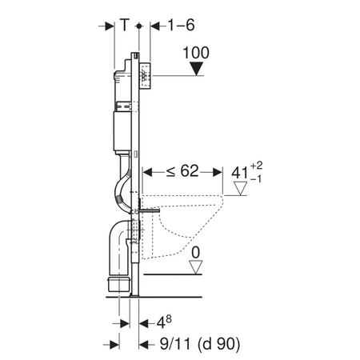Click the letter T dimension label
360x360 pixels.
pyautogui.click(x=125, y=25)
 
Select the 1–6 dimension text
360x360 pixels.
pyautogui.click(x=181, y=25)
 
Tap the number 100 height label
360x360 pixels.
pyautogui.click(x=196, y=53)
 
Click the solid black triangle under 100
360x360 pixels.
pyautogui.click(x=198, y=69)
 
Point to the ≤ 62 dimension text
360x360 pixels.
pyautogui.click(x=182, y=171)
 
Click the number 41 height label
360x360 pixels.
pyautogui.click(x=240, y=173)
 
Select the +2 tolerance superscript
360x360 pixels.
pyautogui.click(x=256, y=166)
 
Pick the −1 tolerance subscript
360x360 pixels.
pyautogui.click(x=256, y=179)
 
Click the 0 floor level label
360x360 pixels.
pyautogui.click(x=196, y=252)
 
